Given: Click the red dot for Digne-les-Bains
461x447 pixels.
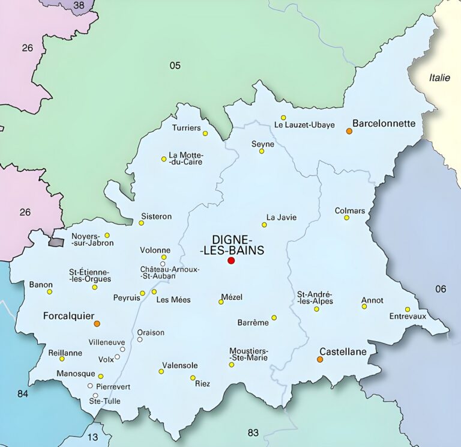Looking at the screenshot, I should (231, 260).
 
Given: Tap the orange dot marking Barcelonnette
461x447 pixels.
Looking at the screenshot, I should (349, 130).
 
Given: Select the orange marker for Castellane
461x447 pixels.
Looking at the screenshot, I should (320, 359).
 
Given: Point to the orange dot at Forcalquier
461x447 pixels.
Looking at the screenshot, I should (97, 323).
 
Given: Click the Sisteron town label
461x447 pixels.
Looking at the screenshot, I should (156, 216).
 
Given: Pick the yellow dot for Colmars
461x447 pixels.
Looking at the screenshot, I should (346, 217).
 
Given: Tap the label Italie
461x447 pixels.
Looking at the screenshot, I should (439, 78).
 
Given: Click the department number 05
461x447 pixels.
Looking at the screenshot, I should (175, 65).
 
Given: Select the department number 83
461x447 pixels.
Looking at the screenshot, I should (253, 433).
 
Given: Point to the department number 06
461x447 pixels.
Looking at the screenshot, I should (441, 289).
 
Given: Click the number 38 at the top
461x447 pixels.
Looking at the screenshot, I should (79, 5).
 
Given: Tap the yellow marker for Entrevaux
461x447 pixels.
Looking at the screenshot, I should (407, 309).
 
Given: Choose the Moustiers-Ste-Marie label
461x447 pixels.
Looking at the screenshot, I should (249, 354).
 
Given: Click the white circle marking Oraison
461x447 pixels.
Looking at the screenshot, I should (140, 339).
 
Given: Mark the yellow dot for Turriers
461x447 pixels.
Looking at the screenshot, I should (205, 133).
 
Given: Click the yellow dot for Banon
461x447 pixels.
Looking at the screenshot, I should (50, 292).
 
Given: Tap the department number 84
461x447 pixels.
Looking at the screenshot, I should (23, 394).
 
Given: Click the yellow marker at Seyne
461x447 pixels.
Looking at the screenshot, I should (262, 151).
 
